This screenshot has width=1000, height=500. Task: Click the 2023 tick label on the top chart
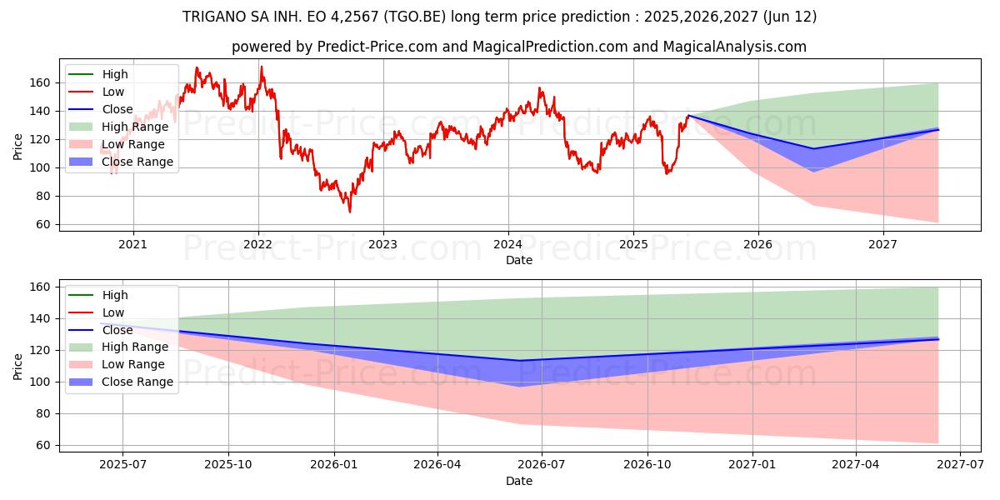(382, 244)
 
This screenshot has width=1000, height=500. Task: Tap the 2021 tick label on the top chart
(133, 244)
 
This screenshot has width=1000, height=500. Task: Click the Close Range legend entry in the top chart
(137, 162)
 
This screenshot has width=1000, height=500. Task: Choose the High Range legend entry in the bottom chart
(135, 347)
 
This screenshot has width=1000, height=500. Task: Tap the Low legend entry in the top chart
(114, 92)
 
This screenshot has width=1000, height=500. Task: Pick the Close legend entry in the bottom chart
(117, 330)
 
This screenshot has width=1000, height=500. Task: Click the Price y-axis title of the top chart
(18, 146)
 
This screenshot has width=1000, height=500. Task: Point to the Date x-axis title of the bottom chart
(519, 481)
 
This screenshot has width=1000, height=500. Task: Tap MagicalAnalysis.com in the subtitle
(734, 47)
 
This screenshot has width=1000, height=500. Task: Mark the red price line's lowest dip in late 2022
(350, 212)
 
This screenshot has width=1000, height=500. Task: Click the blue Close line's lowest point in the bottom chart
(519, 361)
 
